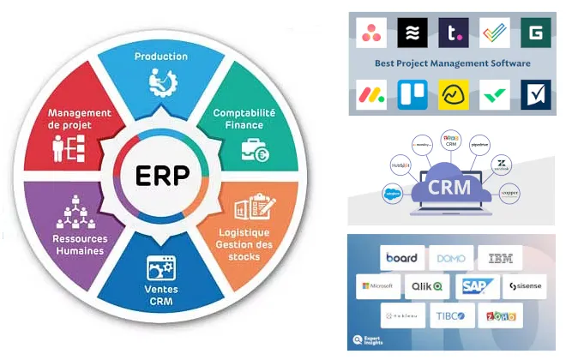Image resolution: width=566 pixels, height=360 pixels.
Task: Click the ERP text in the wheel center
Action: coord(162,179)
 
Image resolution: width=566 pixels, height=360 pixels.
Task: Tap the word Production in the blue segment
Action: coord(161,57)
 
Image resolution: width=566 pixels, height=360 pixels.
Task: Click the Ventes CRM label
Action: coord(160,296)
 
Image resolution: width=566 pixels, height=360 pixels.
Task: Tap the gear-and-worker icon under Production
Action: coord(160,82)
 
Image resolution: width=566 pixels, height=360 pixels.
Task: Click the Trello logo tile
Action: coord(412,95)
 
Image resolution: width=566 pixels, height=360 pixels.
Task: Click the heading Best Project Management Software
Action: coord(453,63)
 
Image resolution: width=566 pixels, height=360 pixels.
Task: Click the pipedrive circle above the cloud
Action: coord(479,147)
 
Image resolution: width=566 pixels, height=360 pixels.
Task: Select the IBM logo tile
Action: coord(500,258)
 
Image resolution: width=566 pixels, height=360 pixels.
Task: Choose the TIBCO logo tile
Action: coord(450,315)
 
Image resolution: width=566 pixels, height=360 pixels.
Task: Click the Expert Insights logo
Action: coord(370,339)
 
